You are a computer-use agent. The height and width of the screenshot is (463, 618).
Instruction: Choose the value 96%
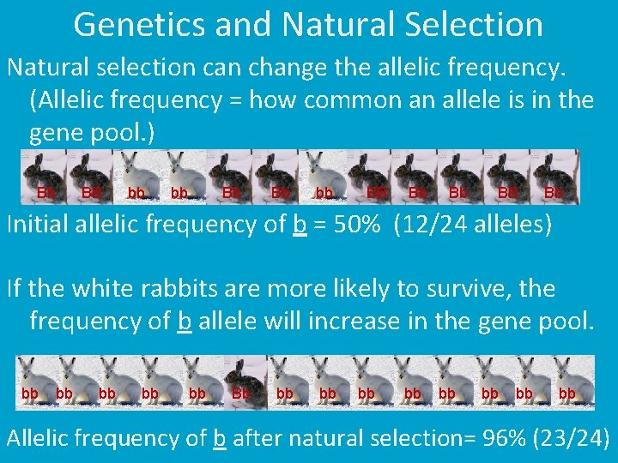pos(500,438)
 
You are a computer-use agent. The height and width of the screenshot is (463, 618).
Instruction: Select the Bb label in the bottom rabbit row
pos(242,394)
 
